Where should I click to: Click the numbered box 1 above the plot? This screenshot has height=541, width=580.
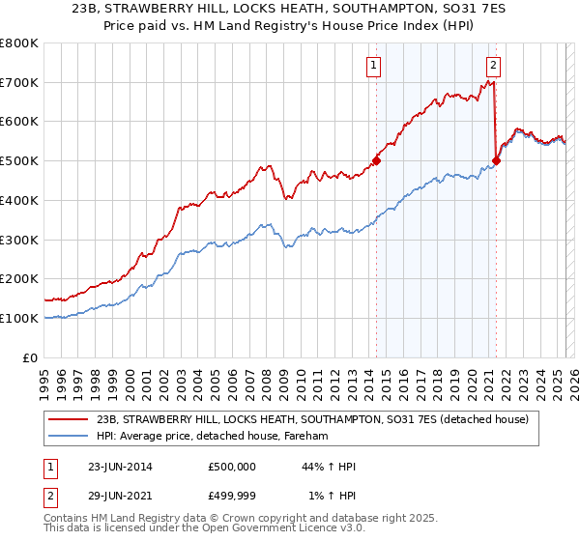(x=373, y=66)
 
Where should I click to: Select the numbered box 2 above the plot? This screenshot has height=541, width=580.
(x=493, y=66)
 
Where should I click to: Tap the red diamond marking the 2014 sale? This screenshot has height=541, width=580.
(x=376, y=161)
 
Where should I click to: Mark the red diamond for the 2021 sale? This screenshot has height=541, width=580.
(x=497, y=161)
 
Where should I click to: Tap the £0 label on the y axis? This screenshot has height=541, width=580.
(x=32, y=357)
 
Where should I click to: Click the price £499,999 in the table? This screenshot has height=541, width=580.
(x=232, y=496)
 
